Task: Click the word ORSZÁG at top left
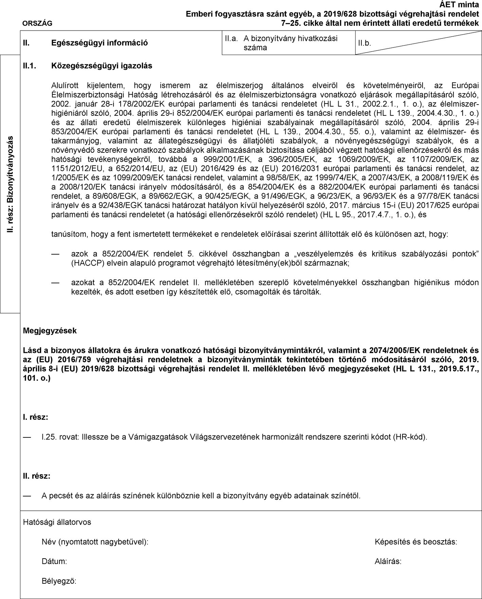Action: click(x=38, y=23)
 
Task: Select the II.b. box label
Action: click(x=364, y=43)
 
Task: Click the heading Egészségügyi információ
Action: click(x=99, y=43)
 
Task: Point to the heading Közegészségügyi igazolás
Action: click(x=101, y=65)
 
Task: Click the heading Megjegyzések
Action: click(x=50, y=331)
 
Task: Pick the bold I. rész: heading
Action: click(x=35, y=417)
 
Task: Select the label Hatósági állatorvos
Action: click(x=57, y=522)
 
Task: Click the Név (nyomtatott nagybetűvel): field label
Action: click(x=95, y=542)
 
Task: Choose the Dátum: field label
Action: click(x=54, y=561)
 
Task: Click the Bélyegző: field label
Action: click(x=59, y=581)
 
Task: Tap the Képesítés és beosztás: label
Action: click(x=416, y=542)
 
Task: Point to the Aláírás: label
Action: click(x=388, y=561)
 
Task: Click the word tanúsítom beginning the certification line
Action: click(x=67, y=234)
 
